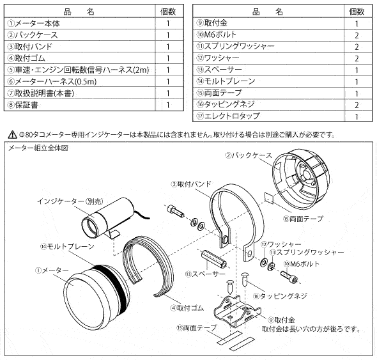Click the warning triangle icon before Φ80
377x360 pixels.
coord(12,135)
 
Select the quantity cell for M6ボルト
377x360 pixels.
coord(357,35)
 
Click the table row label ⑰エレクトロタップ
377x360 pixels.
coord(228,116)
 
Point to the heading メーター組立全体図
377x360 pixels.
coord(38,148)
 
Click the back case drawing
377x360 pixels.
coord(301,177)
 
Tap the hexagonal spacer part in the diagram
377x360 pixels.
coord(214,259)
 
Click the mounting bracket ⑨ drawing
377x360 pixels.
coord(237,311)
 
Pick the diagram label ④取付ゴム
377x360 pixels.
coord(187,308)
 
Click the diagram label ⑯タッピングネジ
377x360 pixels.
coord(281,296)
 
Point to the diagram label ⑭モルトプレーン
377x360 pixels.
coord(67,246)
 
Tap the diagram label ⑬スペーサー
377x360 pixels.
coord(205,274)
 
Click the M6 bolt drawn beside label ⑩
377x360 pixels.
coord(289,277)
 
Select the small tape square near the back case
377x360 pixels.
coord(269,198)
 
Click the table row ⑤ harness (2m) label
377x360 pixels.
coord(78,70)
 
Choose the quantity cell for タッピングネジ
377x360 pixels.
coord(357,105)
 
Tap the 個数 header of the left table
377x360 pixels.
coord(168,12)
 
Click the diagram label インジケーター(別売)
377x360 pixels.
coord(70,201)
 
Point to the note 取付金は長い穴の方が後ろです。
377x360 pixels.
coord(311,329)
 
